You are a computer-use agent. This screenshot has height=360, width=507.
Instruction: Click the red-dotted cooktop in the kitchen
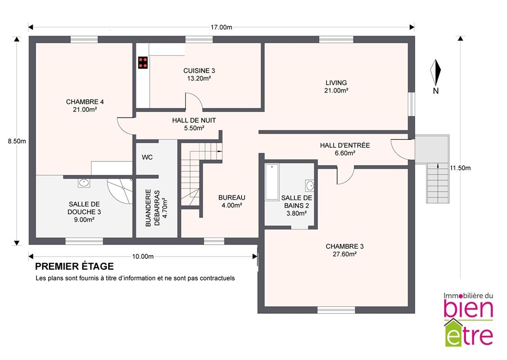point(143,63)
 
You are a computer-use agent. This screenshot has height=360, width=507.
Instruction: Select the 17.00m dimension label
point(221,27)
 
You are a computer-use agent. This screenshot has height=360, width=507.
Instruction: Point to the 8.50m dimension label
point(17,141)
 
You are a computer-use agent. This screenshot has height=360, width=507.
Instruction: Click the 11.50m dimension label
point(460,168)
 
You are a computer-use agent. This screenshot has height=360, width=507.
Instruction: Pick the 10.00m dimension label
point(143,256)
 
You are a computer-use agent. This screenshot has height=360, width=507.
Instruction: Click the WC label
point(147,157)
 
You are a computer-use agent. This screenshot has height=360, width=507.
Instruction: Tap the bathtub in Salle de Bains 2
point(272,182)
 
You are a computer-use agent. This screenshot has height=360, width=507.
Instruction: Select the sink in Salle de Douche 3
point(84,183)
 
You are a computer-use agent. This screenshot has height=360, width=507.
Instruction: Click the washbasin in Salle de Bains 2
point(310,186)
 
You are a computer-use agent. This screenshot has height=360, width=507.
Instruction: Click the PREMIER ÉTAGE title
point(74,266)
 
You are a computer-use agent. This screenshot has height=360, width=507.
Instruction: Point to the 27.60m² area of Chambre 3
point(345,254)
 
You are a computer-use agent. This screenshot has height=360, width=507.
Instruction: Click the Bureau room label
point(232,198)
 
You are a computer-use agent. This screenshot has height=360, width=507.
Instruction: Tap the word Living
point(336,83)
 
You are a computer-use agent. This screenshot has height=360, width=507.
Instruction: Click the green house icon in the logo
point(453,332)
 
